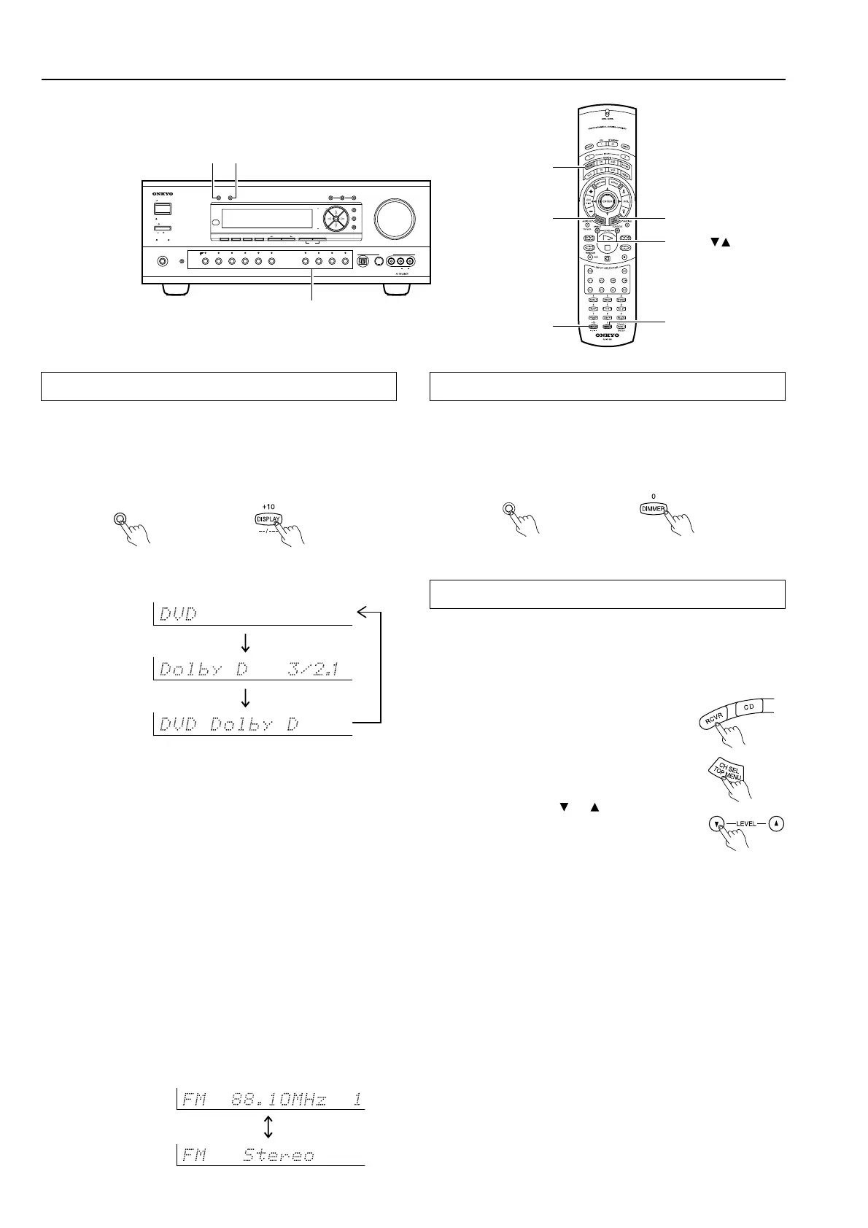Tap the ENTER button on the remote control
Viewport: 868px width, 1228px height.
(x=606, y=201)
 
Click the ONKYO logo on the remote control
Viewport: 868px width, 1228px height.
(x=607, y=335)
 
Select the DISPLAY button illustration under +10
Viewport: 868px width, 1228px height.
(x=268, y=519)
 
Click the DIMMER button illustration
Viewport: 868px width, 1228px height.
(x=653, y=509)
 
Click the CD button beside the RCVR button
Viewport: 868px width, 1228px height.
(x=748, y=707)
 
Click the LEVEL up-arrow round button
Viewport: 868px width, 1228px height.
(x=777, y=824)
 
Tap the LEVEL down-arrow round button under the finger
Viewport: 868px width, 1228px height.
(x=716, y=824)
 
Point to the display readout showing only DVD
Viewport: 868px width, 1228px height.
(x=252, y=614)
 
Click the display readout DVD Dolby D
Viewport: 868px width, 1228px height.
(x=252, y=725)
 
